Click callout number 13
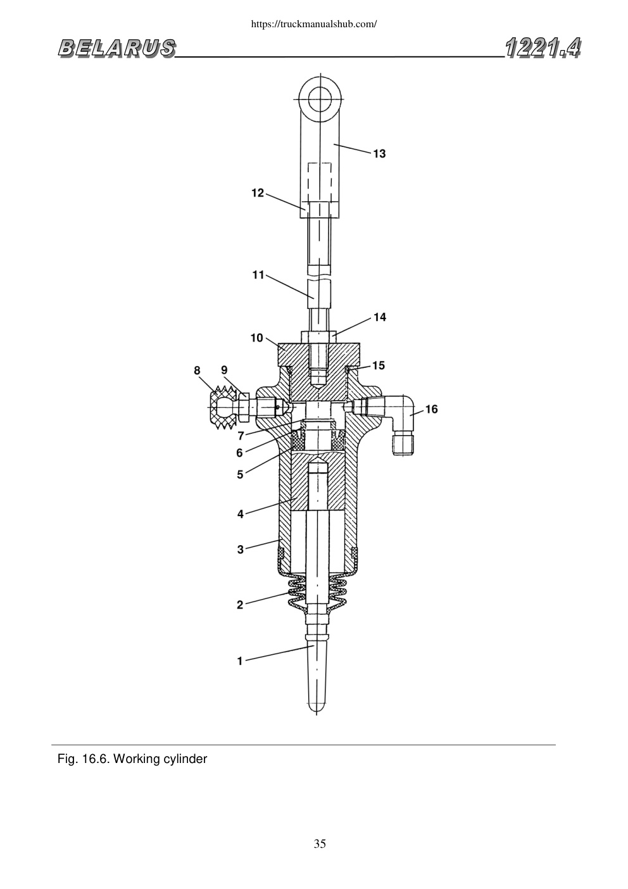(379, 154)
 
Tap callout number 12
(258, 193)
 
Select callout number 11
(258, 275)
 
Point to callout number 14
(380, 317)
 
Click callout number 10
(257, 338)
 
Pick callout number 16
(431, 409)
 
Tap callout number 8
(197, 370)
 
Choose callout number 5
(240, 474)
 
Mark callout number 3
(240, 549)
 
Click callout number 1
(239, 661)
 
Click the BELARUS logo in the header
(116, 48)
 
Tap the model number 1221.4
(543, 47)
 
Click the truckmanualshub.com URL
(314, 24)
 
